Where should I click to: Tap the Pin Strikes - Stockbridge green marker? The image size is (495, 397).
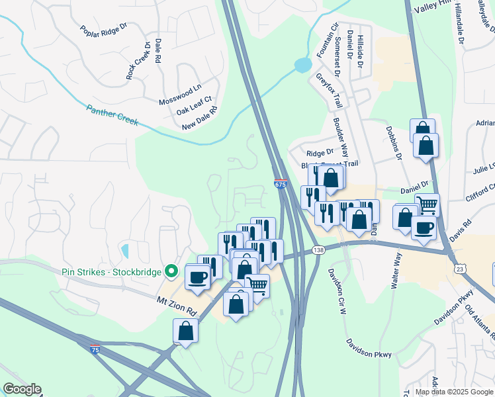coord(171,271)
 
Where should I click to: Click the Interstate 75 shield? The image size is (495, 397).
coord(97,347)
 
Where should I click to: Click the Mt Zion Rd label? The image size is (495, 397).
coord(177,305)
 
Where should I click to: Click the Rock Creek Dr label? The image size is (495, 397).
coord(138,62)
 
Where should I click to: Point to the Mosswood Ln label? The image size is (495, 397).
coord(179,98)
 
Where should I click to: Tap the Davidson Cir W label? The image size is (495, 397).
coord(337,281)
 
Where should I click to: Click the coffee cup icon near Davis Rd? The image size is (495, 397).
coord(424,228)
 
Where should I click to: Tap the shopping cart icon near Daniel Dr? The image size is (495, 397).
coord(427,204)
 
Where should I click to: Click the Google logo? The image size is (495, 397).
coord(22,389)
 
